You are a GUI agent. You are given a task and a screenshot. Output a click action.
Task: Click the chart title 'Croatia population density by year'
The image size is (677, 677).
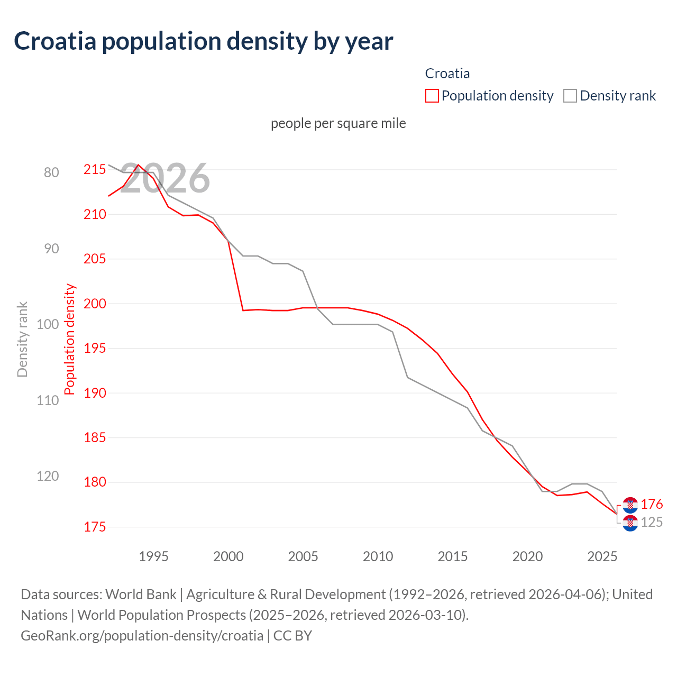204,41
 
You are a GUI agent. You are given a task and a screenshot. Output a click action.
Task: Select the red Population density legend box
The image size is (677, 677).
432,96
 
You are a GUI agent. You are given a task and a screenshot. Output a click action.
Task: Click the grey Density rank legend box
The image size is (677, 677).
570,96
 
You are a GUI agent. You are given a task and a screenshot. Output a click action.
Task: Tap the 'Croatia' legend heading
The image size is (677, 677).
447,74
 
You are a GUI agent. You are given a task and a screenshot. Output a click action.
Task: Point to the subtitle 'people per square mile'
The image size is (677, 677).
338,123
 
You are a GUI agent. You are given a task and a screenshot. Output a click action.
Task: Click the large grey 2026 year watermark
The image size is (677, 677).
165,179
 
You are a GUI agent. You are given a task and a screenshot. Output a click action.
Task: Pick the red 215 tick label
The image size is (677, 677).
95,170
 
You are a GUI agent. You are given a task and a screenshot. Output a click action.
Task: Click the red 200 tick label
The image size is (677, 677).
95,304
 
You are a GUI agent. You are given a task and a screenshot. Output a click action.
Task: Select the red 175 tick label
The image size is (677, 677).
95,527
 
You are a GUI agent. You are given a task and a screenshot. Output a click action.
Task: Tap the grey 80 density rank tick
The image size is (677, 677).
51,172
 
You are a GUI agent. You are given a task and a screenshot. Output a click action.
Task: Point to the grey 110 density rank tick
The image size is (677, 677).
48,400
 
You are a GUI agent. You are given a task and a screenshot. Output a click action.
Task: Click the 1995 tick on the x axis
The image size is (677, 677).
153,556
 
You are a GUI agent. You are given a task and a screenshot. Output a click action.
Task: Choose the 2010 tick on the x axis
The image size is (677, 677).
378,556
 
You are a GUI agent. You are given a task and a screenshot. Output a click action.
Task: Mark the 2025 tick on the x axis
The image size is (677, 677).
602,556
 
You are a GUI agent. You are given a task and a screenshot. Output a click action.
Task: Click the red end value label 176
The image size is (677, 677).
652,505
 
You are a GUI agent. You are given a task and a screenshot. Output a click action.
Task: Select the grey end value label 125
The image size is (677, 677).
652,523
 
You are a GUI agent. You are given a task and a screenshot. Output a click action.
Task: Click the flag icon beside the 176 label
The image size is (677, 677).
630,505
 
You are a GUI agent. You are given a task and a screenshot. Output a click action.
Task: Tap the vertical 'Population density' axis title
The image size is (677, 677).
70,340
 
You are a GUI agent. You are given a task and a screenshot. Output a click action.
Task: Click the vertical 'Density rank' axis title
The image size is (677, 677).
22,340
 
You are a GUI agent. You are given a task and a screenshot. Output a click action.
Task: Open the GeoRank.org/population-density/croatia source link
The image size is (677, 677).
142,635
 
